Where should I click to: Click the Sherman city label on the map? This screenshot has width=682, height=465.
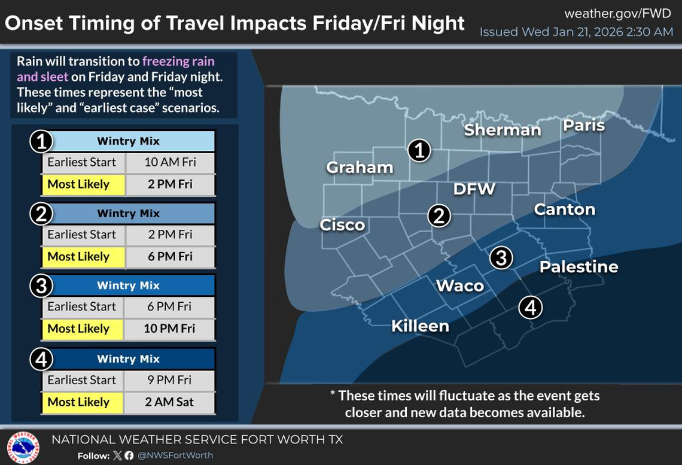point(503,130)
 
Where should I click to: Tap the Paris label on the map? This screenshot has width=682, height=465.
point(583,126)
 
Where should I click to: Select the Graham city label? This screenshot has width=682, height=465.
point(360,168)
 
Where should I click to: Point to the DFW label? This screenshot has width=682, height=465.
point(474,189)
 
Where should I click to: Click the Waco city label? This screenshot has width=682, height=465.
point(459,285)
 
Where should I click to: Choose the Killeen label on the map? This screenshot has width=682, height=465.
point(420,326)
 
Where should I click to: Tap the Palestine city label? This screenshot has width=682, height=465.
point(579,267)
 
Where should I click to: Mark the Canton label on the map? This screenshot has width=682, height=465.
point(564,209)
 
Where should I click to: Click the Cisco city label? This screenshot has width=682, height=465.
point(342,225)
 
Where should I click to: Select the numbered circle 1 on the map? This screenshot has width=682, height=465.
point(419,151)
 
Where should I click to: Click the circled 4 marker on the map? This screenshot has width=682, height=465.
point(530,308)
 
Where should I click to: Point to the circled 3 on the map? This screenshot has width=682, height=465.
point(501,258)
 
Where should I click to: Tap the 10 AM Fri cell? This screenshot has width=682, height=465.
point(170,162)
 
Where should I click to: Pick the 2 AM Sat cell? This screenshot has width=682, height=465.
point(169,402)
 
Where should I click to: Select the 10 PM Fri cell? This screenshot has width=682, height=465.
point(169,329)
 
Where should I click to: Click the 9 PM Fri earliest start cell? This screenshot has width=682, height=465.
point(169,380)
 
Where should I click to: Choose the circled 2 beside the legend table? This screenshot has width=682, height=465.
point(41,214)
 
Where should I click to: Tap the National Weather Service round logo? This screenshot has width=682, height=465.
point(23,447)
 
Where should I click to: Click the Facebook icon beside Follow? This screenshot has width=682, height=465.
point(129,455)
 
